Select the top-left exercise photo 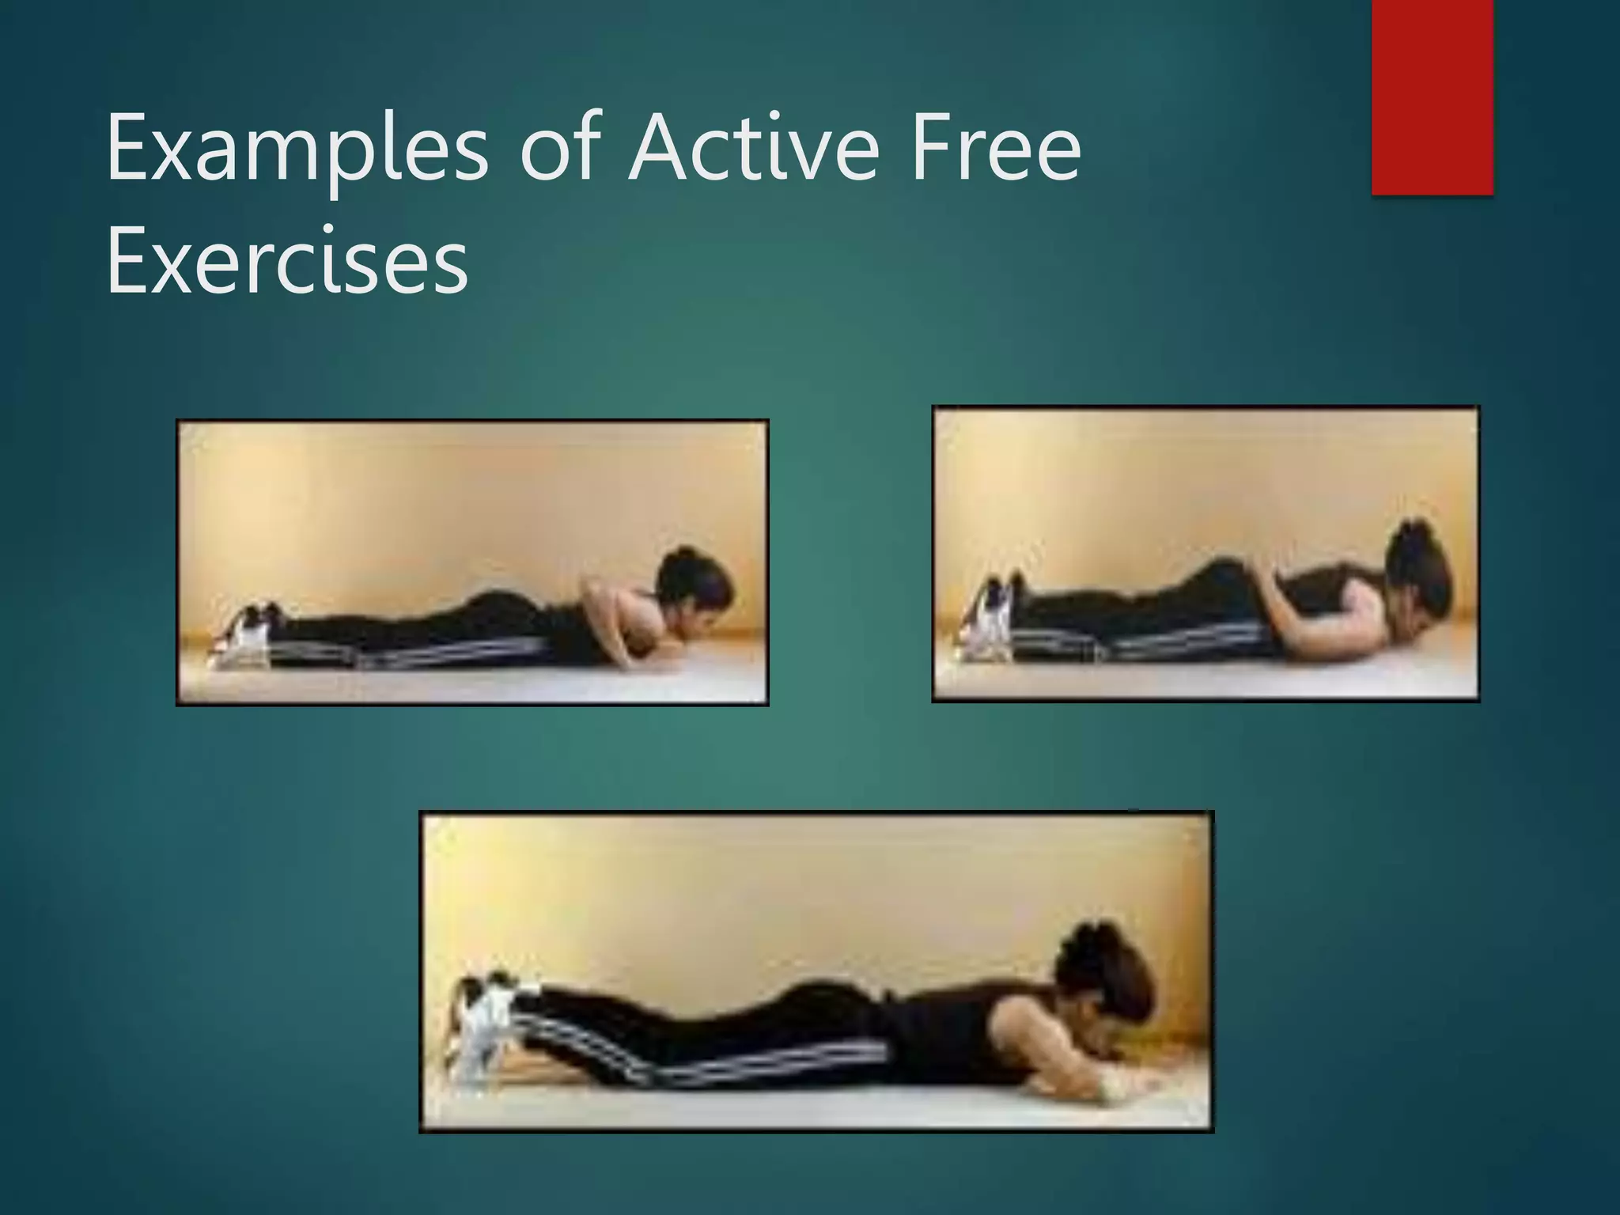click(x=472, y=562)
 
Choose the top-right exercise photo click(x=1206, y=554)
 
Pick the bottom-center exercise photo click(x=816, y=971)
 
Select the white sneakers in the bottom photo click(x=484, y=1020)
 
